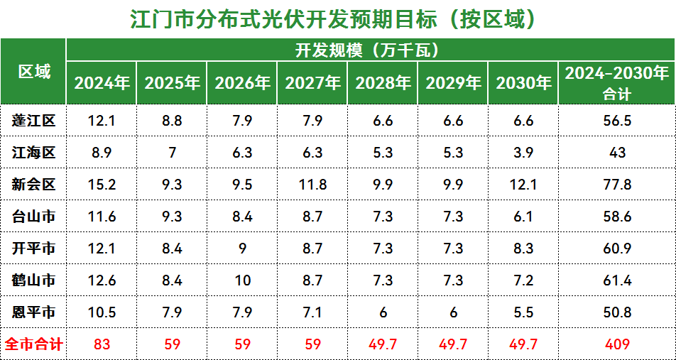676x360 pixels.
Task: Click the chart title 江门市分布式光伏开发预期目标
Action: tap(332, 19)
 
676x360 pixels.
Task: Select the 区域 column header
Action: tap(33, 72)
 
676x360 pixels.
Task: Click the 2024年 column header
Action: tap(102, 83)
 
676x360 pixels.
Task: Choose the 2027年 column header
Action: tap(312, 83)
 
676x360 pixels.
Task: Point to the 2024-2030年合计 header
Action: tap(617, 83)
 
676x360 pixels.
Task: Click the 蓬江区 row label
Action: tap(33, 121)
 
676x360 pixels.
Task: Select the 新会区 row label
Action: tap(33, 185)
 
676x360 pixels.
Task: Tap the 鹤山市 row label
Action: tap(33, 280)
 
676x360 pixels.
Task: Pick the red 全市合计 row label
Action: tap(33, 345)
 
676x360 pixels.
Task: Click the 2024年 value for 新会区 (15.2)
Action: tap(102, 185)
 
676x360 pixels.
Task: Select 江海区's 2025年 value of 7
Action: tap(172, 153)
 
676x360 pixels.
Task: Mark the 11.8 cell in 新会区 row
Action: tap(312, 185)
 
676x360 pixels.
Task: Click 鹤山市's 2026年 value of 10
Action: tap(242, 280)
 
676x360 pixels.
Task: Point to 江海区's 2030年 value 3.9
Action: tap(523, 153)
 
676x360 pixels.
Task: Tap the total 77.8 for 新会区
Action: tap(617, 185)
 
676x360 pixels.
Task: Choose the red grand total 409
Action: tap(617, 345)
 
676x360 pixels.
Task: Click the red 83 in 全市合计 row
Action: tap(102, 345)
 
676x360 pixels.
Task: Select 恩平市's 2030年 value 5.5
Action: tap(523, 312)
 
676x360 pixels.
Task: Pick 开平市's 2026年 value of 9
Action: tap(242, 249)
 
